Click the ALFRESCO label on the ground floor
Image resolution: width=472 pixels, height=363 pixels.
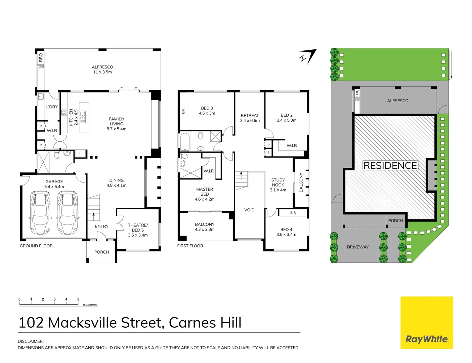[102, 67]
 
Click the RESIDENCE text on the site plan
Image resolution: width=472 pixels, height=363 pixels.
[390, 166]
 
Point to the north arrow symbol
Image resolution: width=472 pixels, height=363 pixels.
[308, 56]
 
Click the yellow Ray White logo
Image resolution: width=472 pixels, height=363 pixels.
[427, 323]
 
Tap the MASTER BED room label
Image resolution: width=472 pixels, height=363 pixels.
[205, 192]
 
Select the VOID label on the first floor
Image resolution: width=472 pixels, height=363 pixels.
[249, 210]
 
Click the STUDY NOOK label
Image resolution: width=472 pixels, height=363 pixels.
[278, 183]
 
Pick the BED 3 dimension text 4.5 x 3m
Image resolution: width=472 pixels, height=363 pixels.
[207, 113]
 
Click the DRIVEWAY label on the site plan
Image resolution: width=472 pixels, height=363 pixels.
[358, 247]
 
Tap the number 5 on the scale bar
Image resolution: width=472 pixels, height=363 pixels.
[78, 299]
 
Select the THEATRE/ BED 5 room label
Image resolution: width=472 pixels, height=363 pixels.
[138, 228]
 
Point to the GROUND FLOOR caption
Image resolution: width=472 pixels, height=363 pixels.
[36, 246]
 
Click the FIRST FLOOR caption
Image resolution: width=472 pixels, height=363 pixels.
[190, 246]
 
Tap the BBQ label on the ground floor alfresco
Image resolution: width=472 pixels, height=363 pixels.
[41, 57]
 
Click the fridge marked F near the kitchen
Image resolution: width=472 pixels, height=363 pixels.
[80, 153]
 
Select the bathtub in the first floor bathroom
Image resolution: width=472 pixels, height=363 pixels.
[185, 142]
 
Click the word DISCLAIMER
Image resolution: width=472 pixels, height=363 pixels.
[31, 341]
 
